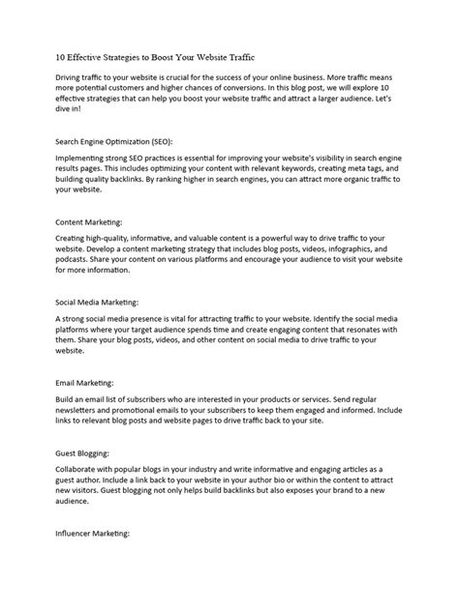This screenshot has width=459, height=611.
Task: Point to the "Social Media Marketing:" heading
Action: [98, 302]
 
